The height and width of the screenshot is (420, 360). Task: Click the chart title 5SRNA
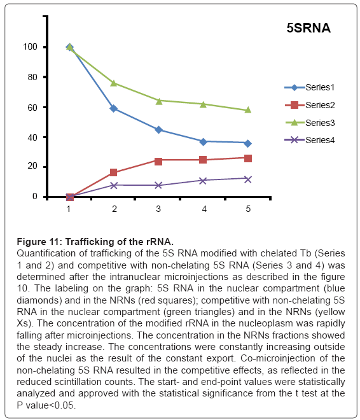click(308, 28)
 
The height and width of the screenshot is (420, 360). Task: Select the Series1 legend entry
click(309, 87)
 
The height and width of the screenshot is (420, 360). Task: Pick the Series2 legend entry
click(310, 105)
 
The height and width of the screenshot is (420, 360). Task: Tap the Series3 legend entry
click(310, 123)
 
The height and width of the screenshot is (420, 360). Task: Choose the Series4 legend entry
click(309, 140)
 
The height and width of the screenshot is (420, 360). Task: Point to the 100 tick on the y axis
click(30, 46)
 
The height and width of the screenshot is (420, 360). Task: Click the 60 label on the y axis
click(32, 108)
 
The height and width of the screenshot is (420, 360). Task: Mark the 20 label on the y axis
click(32, 166)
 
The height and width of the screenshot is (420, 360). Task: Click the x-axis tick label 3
click(158, 209)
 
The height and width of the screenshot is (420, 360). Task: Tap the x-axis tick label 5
click(248, 209)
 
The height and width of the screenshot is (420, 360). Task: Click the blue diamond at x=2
click(113, 108)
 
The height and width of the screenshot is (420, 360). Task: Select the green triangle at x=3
click(159, 101)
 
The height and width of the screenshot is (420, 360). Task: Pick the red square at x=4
click(203, 160)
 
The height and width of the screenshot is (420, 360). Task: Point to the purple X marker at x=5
click(248, 179)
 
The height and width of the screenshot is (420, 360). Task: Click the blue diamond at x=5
click(248, 144)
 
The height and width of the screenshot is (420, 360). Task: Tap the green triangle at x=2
click(113, 83)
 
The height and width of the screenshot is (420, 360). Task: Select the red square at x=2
click(113, 172)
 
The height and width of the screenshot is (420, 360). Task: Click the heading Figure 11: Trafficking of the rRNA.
click(95, 242)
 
